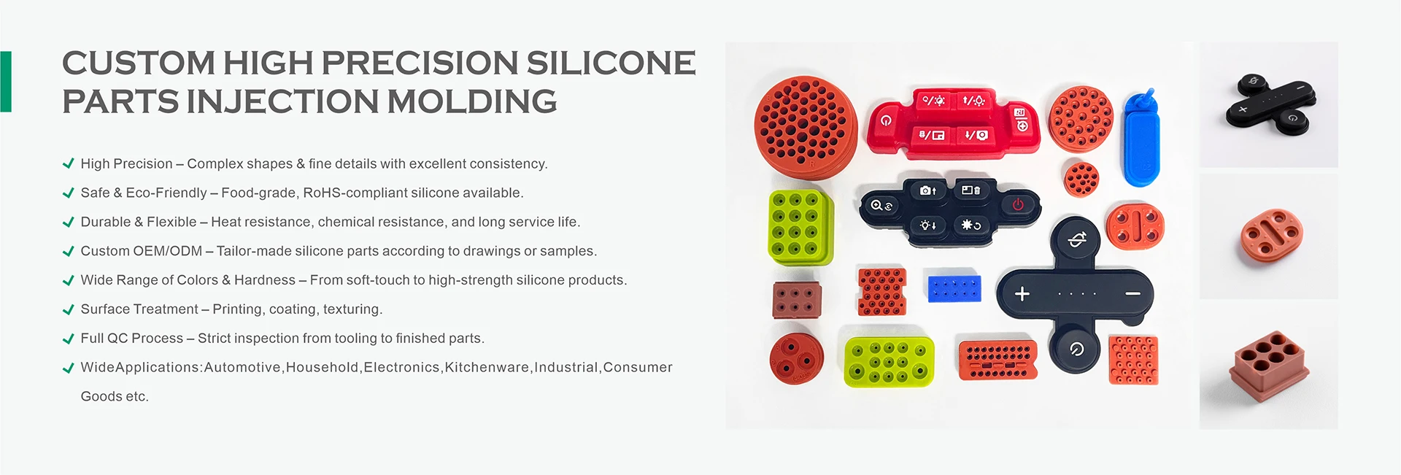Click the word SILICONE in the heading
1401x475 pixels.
(x=611, y=63)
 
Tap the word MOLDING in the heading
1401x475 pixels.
(x=471, y=101)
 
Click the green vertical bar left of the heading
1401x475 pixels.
(x=6, y=82)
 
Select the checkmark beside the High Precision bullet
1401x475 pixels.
(x=69, y=163)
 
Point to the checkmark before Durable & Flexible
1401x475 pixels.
(x=69, y=222)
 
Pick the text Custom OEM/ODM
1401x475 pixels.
(x=142, y=251)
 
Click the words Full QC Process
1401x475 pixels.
(x=132, y=339)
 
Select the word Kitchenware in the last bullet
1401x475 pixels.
(x=487, y=368)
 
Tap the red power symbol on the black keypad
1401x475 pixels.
(x=1018, y=205)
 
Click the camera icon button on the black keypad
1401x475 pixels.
(x=927, y=190)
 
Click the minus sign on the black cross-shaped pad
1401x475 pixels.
(x=1132, y=293)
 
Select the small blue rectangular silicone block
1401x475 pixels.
(x=954, y=288)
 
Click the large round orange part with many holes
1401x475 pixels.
(x=805, y=127)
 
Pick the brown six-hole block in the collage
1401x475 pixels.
(x=797, y=300)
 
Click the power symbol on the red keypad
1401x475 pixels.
(x=886, y=120)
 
